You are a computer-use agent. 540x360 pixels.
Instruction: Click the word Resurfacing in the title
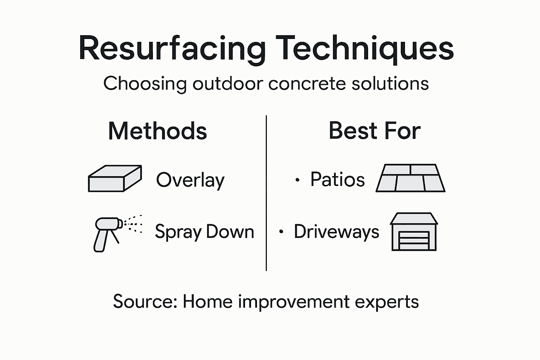coord(172,49)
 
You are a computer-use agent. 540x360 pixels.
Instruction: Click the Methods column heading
coord(157,131)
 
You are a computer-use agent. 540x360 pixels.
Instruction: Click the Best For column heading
coord(374,131)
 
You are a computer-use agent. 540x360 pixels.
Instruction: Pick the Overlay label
coord(190,180)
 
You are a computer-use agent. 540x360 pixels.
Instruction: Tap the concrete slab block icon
coord(115,178)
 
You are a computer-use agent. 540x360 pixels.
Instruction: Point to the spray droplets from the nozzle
coord(134,224)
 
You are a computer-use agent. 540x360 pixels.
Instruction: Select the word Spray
coord(178,232)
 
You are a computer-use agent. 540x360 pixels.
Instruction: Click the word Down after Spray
coord(230,232)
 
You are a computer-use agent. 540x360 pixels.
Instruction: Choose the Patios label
coord(337,179)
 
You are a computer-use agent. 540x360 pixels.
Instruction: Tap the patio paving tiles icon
coord(410,178)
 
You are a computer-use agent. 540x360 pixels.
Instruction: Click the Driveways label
coord(336,232)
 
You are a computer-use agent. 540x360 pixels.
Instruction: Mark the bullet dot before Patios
coord(297,180)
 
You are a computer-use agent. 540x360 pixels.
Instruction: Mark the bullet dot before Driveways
coord(281,232)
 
